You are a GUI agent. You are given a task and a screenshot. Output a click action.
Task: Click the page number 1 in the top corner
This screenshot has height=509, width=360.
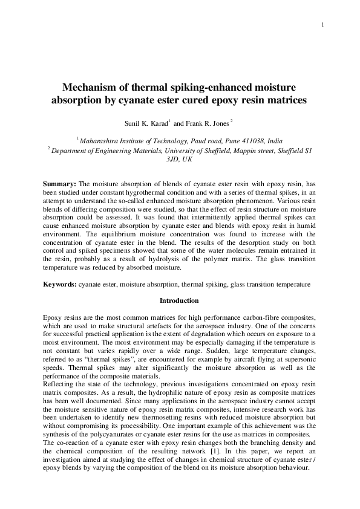324,24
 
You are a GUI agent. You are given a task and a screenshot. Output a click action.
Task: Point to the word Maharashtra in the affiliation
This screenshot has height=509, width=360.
100,141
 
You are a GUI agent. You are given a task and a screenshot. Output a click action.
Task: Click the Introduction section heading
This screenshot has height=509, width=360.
179,300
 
